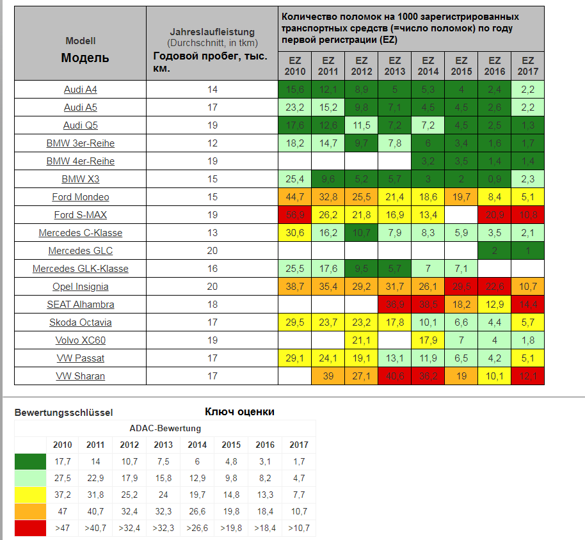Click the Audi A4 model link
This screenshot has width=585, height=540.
81,90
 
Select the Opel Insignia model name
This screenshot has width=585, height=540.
81,287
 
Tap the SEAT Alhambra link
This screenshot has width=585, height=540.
81,305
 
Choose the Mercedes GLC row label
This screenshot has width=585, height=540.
81,251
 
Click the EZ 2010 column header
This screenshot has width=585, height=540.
295,66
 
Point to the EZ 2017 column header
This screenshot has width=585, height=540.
528,66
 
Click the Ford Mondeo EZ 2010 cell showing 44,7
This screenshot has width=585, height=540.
295,197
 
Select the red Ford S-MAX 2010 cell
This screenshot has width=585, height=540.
295,215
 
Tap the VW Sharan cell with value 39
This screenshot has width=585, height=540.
328,376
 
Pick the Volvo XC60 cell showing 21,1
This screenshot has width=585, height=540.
362,340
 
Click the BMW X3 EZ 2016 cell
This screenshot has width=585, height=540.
495,179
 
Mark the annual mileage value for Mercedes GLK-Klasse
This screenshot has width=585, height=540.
212,269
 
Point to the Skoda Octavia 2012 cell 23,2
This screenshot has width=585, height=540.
362,322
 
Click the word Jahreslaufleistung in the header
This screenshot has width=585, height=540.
212,32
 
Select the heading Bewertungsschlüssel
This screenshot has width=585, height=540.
63,413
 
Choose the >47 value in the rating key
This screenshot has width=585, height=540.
63,528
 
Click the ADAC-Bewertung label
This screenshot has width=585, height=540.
165,428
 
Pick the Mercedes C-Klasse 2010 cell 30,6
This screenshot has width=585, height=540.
295,233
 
